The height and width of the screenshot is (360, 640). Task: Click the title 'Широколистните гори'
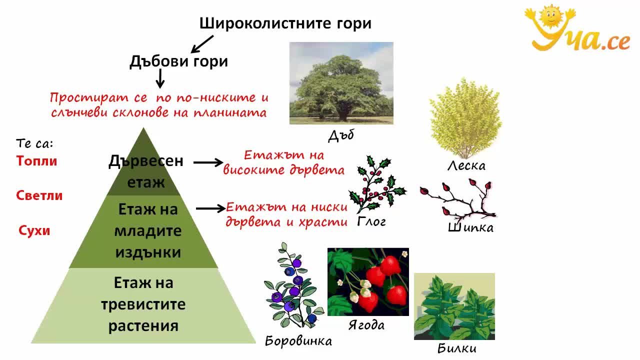tap(285, 23)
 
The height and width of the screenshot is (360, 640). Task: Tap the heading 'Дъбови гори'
tap(179, 61)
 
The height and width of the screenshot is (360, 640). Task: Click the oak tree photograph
tap(341, 83)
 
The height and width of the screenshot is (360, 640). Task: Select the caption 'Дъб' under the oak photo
tap(341, 135)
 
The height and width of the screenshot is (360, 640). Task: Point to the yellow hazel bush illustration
tap(465, 117)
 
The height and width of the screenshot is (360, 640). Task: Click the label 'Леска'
tap(466, 165)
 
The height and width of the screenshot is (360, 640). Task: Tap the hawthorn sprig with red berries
tap(376, 184)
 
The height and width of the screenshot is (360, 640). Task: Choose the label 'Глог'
tap(371, 222)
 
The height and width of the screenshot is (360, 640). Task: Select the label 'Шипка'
tap(470, 227)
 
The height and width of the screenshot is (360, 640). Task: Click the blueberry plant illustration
tap(293, 285)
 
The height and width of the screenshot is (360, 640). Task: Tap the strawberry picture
tap(368, 281)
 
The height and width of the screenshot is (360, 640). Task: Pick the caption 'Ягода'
tap(366, 325)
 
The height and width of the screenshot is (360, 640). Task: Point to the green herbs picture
tap(454, 306)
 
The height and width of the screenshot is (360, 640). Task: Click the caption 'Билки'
tap(457, 348)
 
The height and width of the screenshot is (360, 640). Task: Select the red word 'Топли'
tap(36, 161)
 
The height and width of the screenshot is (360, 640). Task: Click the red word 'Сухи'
tap(34, 230)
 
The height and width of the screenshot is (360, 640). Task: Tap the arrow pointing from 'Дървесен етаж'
tap(208, 162)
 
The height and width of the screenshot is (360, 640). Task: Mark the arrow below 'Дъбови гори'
tap(160, 79)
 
